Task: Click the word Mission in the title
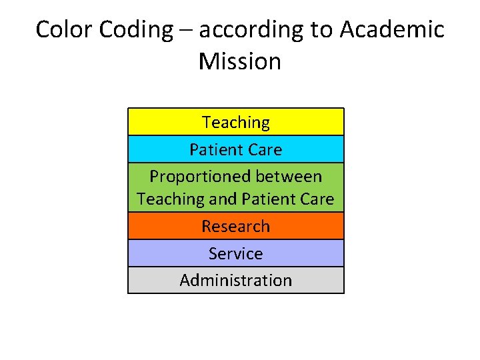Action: coord(240,61)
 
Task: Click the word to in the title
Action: coord(322,29)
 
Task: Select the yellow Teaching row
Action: coord(236,123)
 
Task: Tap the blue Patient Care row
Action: coord(236,150)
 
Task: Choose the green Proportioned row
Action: coord(236,187)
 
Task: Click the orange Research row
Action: coord(236,226)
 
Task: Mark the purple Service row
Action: coord(236,253)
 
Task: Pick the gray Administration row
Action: coord(236,280)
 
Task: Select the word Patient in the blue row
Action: coord(215,150)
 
